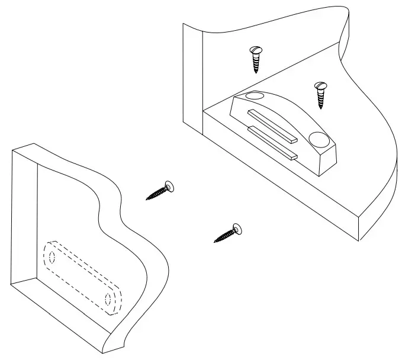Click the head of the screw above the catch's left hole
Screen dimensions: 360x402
(256, 50)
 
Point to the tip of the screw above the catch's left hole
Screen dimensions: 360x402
(256, 73)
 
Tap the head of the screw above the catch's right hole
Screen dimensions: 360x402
(320, 86)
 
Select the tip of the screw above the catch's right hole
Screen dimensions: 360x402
(321, 108)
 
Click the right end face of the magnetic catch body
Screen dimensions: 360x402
(329, 160)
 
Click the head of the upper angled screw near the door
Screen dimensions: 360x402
(169, 187)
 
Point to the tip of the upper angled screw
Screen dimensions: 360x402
(147, 200)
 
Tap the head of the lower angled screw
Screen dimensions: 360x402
(237, 228)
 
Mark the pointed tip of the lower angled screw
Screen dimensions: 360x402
(214, 242)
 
